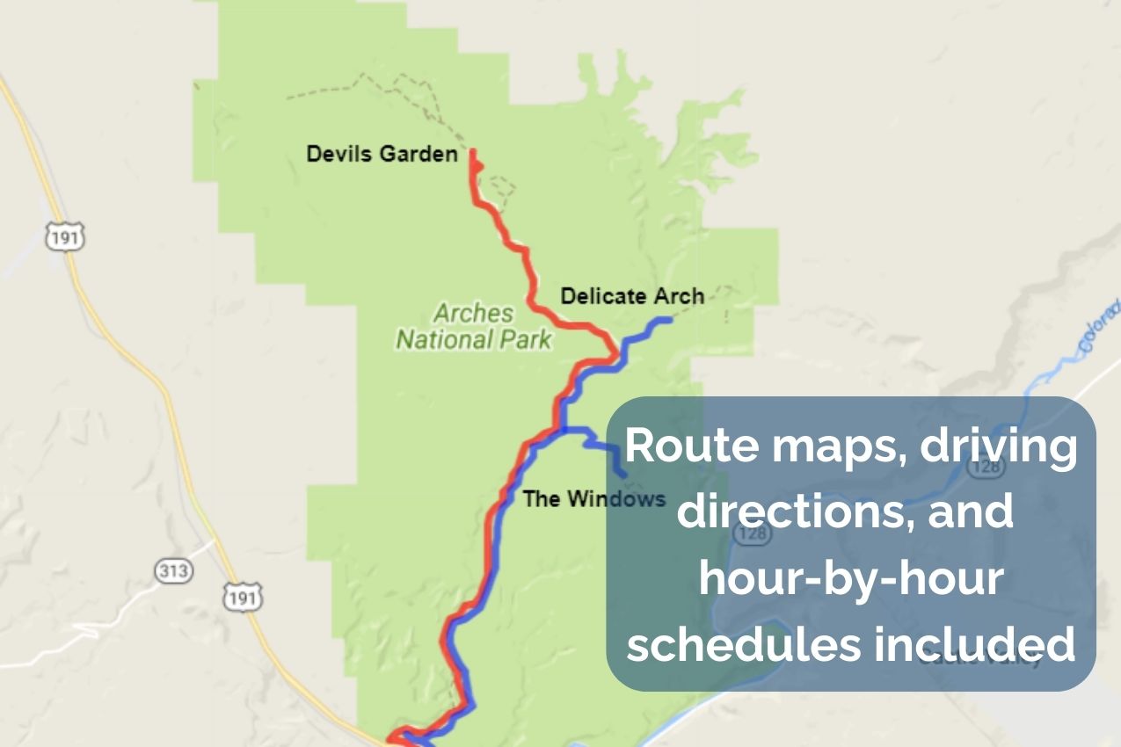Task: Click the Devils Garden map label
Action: tap(382, 155)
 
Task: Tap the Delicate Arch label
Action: tap(632, 296)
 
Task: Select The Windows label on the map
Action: tap(593, 499)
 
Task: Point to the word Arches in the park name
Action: tap(473, 313)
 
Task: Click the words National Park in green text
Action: tap(473, 338)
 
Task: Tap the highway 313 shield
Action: tap(172, 571)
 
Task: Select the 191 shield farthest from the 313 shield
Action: tap(64, 237)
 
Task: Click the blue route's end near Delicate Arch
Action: tap(670, 320)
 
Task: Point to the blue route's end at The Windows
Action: tap(624, 475)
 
